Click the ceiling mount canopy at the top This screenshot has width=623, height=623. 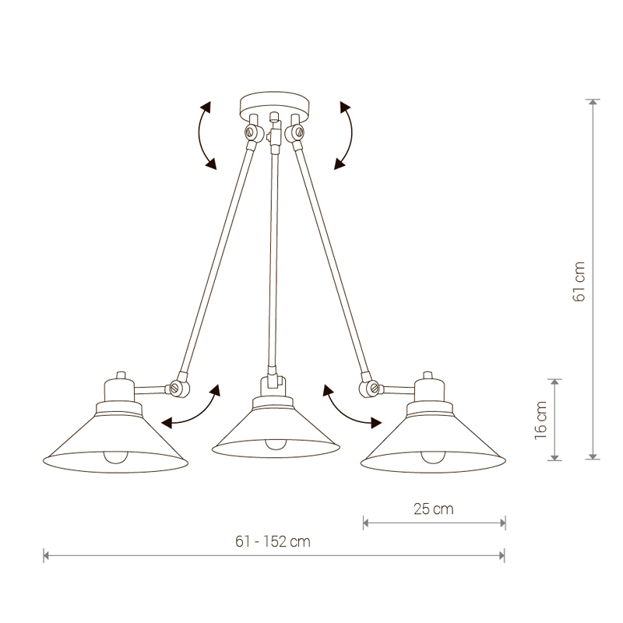(x=274, y=105)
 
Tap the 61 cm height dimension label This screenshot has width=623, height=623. (x=579, y=282)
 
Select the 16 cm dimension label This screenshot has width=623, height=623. (x=540, y=420)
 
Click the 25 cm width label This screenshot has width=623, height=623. (x=434, y=509)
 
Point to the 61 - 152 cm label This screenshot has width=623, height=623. (x=273, y=541)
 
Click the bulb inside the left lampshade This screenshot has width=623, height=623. (x=115, y=457)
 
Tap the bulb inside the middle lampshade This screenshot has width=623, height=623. (x=276, y=444)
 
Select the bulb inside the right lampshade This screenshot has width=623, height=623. (x=433, y=457)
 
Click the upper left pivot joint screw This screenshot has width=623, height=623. (x=250, y=132)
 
